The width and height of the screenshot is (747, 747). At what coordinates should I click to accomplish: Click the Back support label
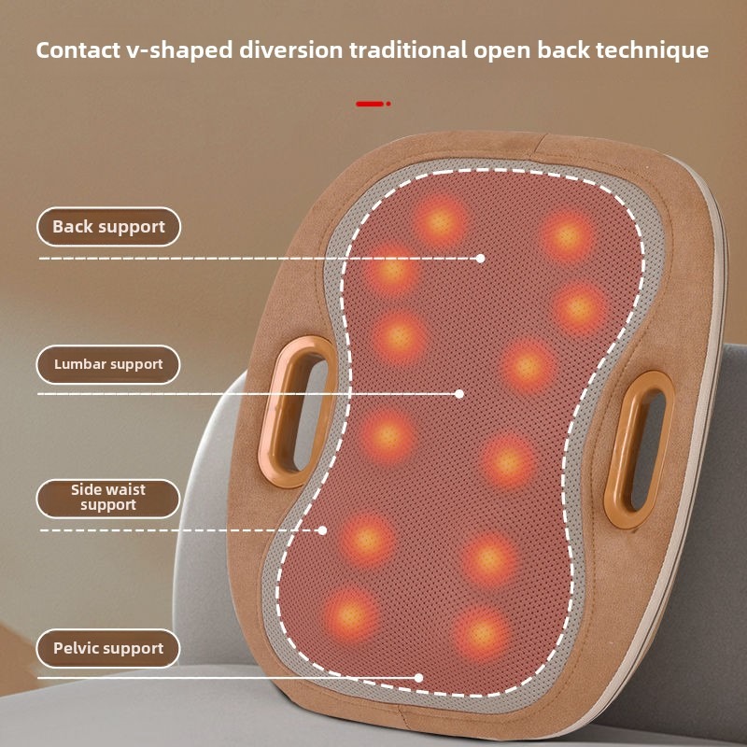108,227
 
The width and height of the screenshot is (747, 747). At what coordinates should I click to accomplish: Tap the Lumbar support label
108,364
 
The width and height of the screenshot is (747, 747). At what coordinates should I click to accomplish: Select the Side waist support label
108,499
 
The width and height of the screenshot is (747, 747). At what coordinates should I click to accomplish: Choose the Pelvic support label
108,648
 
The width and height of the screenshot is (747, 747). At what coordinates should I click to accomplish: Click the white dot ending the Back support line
480,259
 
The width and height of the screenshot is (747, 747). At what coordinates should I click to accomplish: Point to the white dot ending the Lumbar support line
459,394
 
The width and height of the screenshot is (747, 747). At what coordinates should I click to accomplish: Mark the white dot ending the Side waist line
322,530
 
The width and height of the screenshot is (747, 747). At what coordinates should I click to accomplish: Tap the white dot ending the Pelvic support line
418,678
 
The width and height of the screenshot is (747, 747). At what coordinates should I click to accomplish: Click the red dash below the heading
370,104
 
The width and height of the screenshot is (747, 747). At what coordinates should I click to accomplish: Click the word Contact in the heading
78,50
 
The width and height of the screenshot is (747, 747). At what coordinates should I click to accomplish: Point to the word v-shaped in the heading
179,51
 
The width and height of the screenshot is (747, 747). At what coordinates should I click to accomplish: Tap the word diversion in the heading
291,50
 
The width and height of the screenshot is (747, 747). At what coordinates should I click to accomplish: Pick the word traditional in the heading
408,50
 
